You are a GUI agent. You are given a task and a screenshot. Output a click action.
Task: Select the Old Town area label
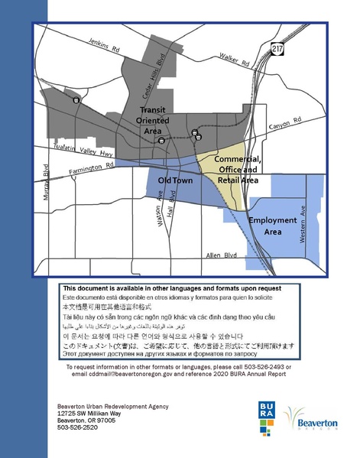(x=174, y=180)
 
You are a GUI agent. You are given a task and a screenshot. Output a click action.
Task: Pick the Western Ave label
(x=303, y=224)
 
